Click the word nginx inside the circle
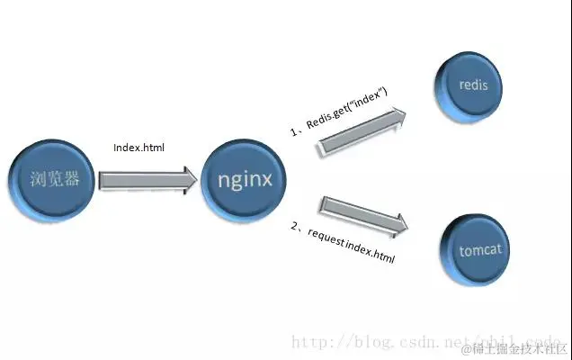pyautogui.click(x=245, y=178)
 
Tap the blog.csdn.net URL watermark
pyautogui.click(x=378, y=343)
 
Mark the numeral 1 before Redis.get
pyautogui.click(x=292, y=131)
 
